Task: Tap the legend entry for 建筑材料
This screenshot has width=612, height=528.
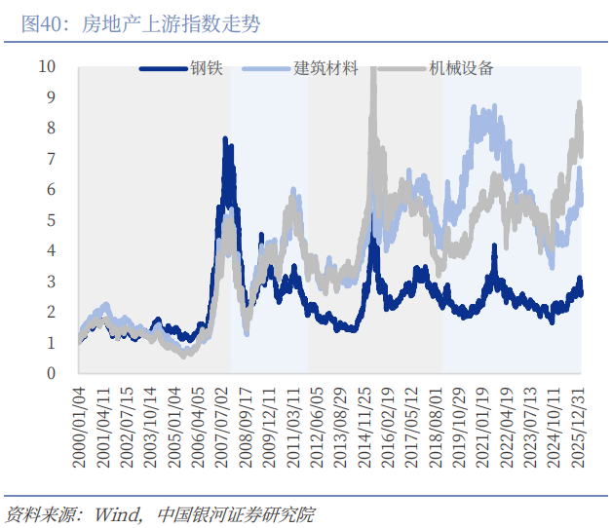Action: pyautogui.click(x=325, y=69)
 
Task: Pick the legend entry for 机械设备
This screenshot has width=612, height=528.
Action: pyautogui.click(x=460, y=69)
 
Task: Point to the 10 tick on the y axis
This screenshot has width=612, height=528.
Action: pyautogui.click(x=47, y=66)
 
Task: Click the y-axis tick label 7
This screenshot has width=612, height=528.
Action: pyautogui.click(x=52, y=159)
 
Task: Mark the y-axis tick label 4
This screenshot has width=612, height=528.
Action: pyautogui.click(x=52, y=250)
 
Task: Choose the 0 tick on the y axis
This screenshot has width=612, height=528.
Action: pyautogui.click(x=52, y=373)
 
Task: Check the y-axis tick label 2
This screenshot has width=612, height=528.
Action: pyautogui.click(x=52, y=312)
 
